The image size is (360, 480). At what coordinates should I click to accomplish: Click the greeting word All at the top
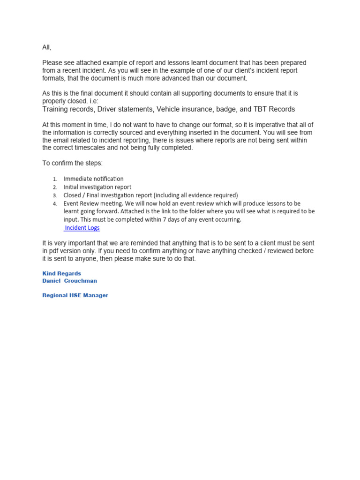pyautogui.click(x=47, y=48)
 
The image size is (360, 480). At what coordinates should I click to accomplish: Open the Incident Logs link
pyautogui.click(x=82, y=228)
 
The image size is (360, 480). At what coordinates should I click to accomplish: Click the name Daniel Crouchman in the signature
pyautogui.click(x=70, y=281)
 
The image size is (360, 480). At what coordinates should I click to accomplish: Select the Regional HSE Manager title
pyautogui.click(x=75, y=295)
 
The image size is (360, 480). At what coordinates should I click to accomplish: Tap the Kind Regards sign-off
pyautogui.click(x=61, y=273)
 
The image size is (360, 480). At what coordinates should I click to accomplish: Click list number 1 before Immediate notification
pyautogui.click(x=54, y=179)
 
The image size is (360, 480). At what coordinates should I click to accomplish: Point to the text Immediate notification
pyautogui.click(x=94, y=179)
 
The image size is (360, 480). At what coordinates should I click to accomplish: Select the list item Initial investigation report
pyautogui.click(x=97, y=187)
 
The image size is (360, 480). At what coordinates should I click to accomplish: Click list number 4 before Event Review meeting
pyautogui.click(x=54, y=204)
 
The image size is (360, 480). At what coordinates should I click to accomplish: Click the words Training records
pyautogui.click(x=67, y=109)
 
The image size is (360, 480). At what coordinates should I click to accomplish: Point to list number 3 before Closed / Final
pyautogui.click(x=54, y=195)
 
